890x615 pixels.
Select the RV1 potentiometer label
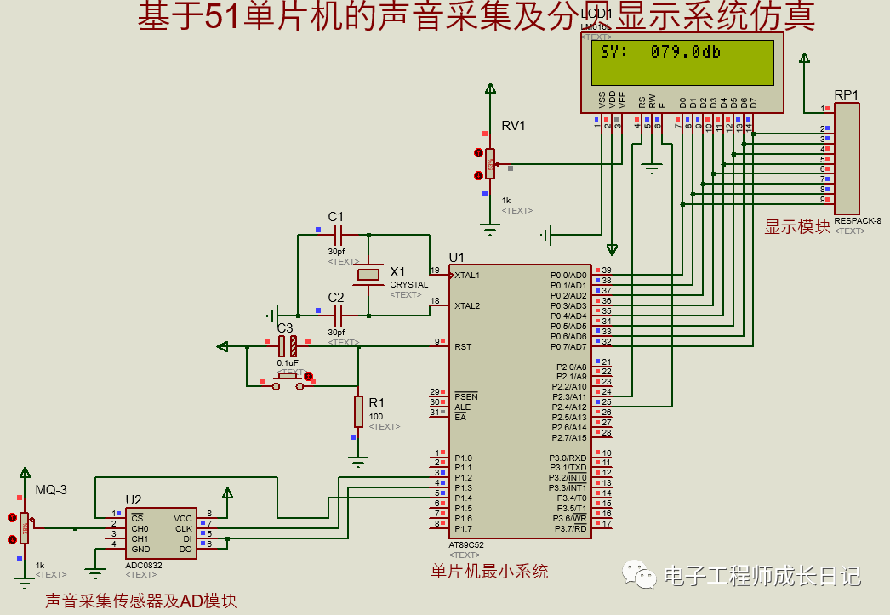[x=513, y=126]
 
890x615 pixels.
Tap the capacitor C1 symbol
[x=337, y=232]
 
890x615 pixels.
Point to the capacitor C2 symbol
[x=337, y=313]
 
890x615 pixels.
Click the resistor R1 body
[x=358, y=411]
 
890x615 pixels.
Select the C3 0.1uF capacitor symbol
[x=287, y=345]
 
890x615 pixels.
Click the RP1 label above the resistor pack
[x=846, y=94]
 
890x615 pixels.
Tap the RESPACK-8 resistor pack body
[x=847, y=158]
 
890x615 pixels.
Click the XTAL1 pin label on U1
[x=467, y=275]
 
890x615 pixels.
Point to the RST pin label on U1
[x=463, y=346]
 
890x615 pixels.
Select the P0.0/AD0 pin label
[x=568, y=275]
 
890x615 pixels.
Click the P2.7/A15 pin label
[x=568, y=437]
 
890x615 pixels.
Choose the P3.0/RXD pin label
[x=568, y=458]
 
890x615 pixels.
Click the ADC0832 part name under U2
[x=144, y=565]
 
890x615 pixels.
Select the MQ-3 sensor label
[x=50, y=489]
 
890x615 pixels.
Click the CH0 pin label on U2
[x=140, y=528]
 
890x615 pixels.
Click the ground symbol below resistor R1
[x=358, y=461]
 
